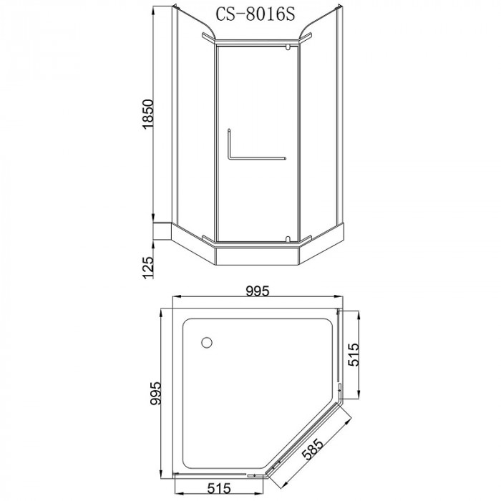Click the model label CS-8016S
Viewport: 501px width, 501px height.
(255, 14)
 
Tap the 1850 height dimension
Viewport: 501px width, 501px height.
(149, 114)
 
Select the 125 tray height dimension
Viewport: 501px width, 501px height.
(148, 268)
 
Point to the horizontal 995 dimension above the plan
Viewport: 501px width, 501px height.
(258, 291)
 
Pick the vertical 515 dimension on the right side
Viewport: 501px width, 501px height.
(354, 355)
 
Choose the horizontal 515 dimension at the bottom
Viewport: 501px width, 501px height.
(218, 488)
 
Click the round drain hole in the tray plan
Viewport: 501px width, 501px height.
(207, 343)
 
